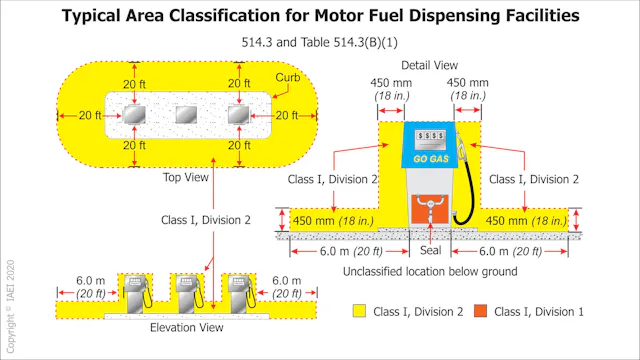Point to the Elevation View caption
[180, 328]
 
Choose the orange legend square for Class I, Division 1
[485, 312]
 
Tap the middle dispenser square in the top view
[184, 116]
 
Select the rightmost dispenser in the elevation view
[238, 291]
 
